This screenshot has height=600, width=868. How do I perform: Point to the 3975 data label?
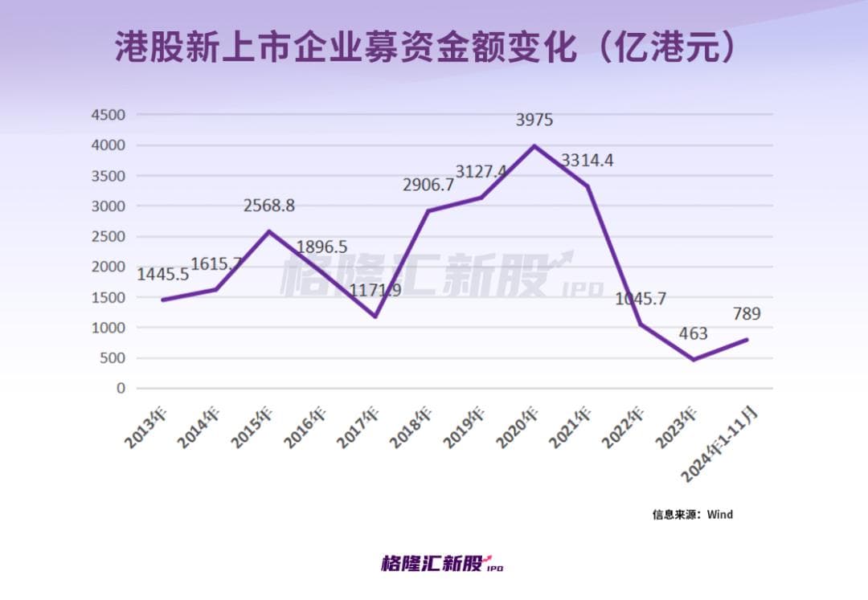pyautogui.click(x=534, y=120)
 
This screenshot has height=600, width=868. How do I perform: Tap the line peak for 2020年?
pyautogui.click(x=534, y=146)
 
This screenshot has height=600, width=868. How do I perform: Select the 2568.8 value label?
pyautogui.click(x=269, y=206)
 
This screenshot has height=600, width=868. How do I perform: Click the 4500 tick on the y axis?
pyautogui.click(x=108, y=115)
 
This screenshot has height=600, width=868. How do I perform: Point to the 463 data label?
pyautogui.click(x=693, y=333)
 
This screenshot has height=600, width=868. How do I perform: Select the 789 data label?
pyautogui.click(x=747, y=314)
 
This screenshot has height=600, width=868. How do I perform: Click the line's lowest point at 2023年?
pyautogui.click(x=693, y=360)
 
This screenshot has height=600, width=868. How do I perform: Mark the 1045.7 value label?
pyautogui.click(x=641, y=300)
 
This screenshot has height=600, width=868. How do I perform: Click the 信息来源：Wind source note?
pyautogui.click(x=692, y=514)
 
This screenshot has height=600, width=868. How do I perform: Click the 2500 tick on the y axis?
pyautogui.click(x=108, y=236)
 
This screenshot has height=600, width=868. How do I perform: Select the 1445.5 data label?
pyautogui.click(x=163, y=275)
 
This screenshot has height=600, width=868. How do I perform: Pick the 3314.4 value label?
pyautogui.click(x=588, y=161)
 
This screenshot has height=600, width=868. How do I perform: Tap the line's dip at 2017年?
pyautogui.click(x=375, y=316)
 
